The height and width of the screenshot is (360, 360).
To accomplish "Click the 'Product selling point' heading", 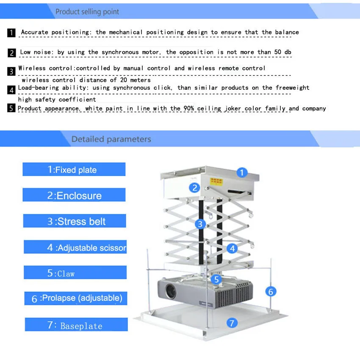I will pos(87,12).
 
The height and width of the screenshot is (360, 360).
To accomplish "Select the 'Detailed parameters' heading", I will pos(111,139).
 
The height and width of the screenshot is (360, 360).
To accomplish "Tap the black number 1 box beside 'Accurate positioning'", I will pos(12,33).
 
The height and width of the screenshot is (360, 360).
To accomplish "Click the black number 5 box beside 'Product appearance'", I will pos(12,108).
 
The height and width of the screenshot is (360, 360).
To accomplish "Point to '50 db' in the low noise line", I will pos(281,52).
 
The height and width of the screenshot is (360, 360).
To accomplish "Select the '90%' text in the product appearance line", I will pos(188,108).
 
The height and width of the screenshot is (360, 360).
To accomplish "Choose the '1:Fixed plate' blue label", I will pos(74,169).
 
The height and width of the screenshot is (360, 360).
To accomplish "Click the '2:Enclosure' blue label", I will pos(74,195).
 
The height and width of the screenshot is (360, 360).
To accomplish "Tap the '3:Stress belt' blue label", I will pos(75,221).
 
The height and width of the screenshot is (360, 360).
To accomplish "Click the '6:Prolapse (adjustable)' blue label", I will pos(75,298).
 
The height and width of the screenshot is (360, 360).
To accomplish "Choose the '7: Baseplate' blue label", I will pos(76,325).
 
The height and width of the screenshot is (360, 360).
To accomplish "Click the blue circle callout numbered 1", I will pos(241,172).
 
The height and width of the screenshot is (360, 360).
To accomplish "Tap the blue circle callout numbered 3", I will pos(200,224).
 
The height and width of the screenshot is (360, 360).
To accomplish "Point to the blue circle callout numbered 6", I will pos(271,291).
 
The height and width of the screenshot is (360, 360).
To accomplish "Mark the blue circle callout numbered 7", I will pos(231,323).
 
